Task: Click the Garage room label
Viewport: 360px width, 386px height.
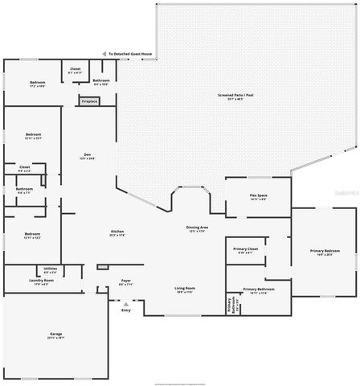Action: click(55, 335)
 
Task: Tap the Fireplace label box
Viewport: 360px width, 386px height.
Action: click(88, 101)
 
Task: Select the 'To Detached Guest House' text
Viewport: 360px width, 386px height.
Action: click(131, 55)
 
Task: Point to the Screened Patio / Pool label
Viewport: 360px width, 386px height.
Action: click(235, 96)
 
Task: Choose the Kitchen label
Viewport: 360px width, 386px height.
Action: click(117, 233)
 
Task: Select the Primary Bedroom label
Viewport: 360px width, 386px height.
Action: click(325, 253)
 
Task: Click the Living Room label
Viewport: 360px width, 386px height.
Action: click(186, 289)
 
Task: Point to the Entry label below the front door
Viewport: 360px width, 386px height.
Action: click(125, 310)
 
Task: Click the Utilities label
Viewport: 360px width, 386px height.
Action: click(49, 270)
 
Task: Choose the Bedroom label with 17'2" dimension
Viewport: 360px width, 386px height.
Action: click(38, 84)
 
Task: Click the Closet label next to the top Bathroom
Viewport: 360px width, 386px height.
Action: click(75, 71)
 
